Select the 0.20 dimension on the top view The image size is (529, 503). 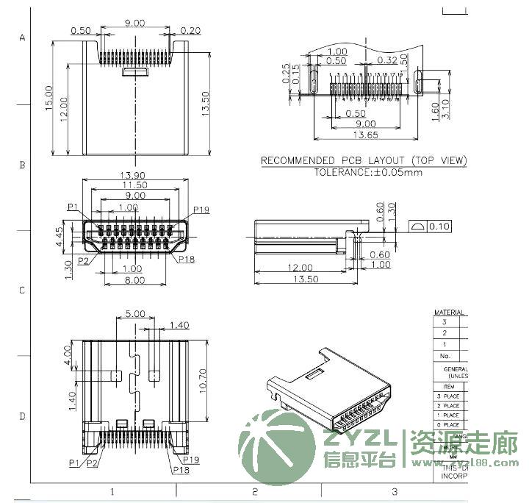coord(190,30)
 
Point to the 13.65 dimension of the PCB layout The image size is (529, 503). coord(366,135)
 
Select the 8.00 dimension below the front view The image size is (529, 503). coord(134,280)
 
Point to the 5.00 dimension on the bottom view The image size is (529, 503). coord(134,313)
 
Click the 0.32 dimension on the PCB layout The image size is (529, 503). coord(387,60)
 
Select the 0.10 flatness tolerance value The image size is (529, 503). coord(440,226)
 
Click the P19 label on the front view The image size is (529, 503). coord(201,210)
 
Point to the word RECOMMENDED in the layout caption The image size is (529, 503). coord(296,161)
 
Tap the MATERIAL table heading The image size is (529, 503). coord(449,312)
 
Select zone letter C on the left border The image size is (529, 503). coord(22,290)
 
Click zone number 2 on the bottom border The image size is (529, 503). coord(254,491)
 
